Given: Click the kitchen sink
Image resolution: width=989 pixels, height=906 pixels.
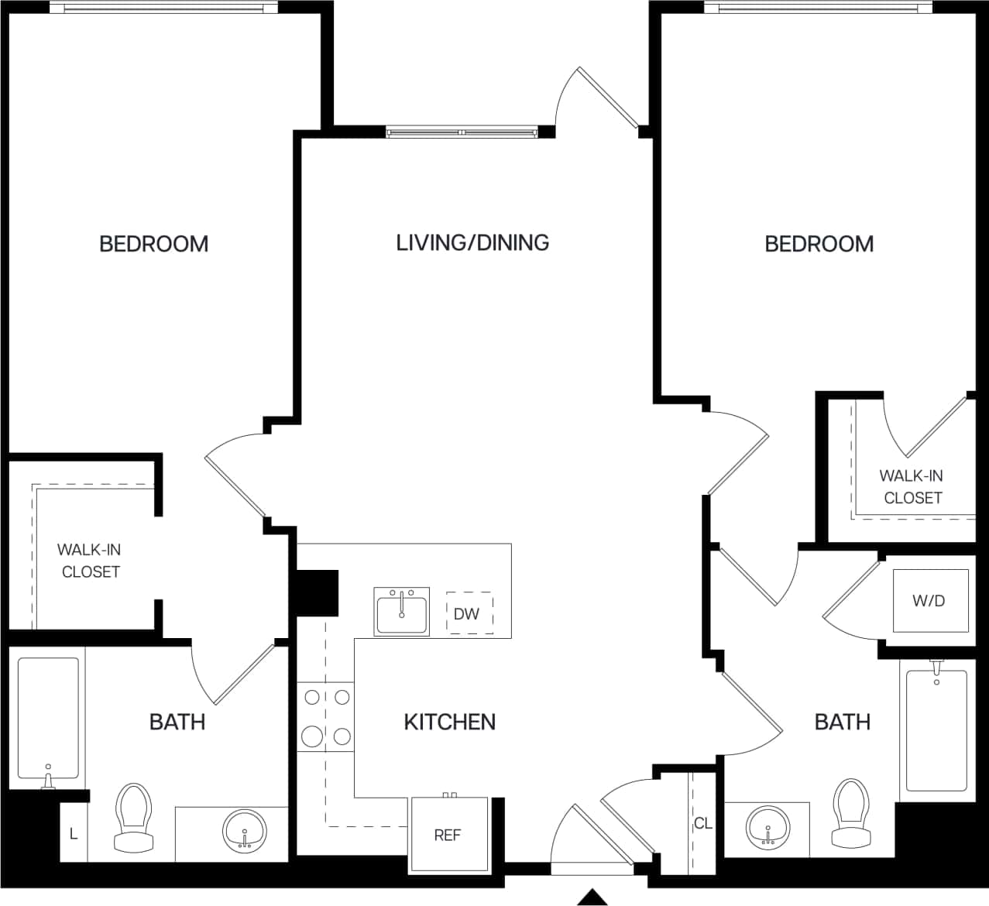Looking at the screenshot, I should click(x=401, y=611).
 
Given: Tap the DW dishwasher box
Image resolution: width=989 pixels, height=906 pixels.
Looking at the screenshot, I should click(x=469, y=614).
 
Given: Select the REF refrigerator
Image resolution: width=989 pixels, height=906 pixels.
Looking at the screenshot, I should click(x=448, y=836).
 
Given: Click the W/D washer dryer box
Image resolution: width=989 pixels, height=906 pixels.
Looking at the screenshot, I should click(x=929, y=601).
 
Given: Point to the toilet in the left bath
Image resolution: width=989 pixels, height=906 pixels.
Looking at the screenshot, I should click(x=132, y=816).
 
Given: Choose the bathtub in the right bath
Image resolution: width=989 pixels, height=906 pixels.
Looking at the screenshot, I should click(x=936, y=728).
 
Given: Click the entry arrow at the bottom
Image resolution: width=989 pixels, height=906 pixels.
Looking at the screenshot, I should click(x=593, y=897).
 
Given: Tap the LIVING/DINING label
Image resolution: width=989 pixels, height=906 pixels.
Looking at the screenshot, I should click(x=472, y=242).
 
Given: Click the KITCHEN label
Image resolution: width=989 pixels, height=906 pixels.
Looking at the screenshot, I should click(x=449, y=722).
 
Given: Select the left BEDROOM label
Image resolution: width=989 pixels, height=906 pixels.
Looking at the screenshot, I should click(x=153, y=244).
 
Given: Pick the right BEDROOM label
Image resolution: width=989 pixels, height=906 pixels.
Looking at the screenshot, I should click(x=819, y=244).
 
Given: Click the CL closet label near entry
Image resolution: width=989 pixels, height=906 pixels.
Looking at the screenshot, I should click(x=702, y=823).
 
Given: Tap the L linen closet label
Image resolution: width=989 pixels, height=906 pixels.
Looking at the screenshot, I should click(x=74, y=834).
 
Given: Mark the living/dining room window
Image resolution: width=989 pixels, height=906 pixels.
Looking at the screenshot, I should click(x=462, y=132).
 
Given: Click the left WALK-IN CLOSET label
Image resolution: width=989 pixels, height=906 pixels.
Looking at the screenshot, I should click(x=90, y=561).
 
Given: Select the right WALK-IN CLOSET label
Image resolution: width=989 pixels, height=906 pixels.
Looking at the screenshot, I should click(x=912, y=486).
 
